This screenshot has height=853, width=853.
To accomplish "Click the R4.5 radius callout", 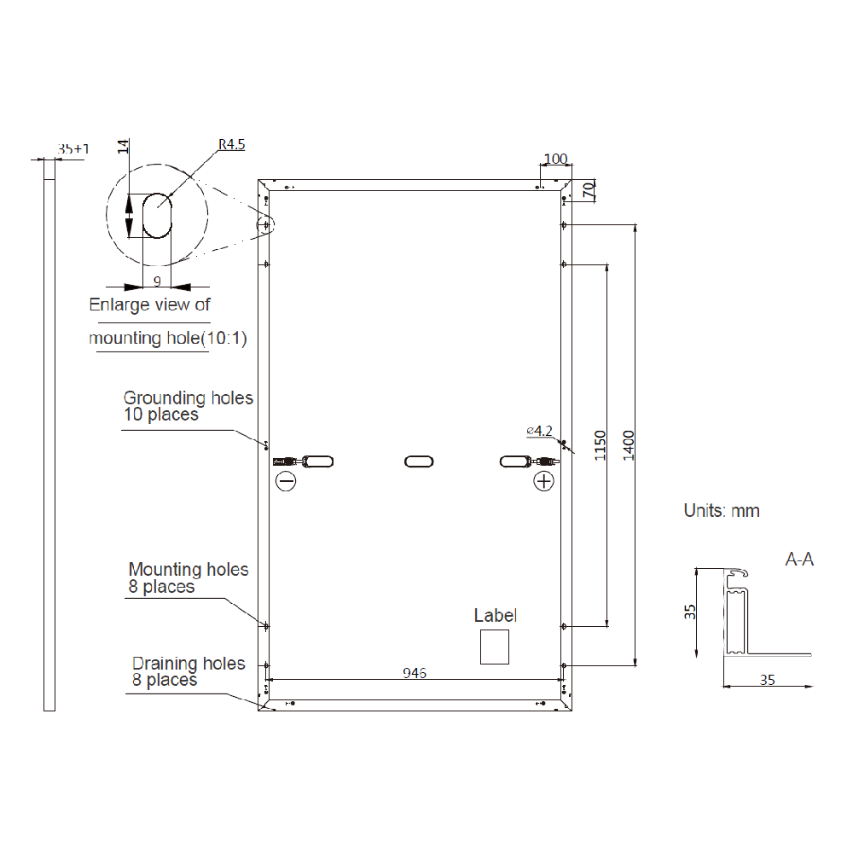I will coord(231,145).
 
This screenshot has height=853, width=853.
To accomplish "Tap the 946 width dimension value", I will coord(415,673).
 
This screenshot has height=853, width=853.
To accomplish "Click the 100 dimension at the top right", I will coord(555,159).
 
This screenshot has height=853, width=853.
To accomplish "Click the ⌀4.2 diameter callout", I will coord(540,431).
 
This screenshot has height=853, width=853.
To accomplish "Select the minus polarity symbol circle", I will coord(286,482).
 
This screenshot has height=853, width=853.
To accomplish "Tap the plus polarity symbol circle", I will coord(543,482).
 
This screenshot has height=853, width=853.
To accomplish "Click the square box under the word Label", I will coord(494,647).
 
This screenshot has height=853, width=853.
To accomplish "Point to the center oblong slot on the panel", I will coord(418,461).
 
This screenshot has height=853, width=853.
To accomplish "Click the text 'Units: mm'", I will coord(722,511).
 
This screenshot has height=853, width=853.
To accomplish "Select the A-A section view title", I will coord(799,560).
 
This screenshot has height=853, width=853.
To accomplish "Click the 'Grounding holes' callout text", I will coord(188,397).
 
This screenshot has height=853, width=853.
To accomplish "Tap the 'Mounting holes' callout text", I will coord(189,570).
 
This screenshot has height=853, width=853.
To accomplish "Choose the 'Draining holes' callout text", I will coord(189,664).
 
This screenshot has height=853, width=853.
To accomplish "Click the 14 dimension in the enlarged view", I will coord(124,146).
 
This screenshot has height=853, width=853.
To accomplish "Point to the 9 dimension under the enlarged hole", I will coord(157,279).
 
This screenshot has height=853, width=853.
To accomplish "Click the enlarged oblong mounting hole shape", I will coord(157,215).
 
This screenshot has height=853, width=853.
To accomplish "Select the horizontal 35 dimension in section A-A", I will coord(767,680).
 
